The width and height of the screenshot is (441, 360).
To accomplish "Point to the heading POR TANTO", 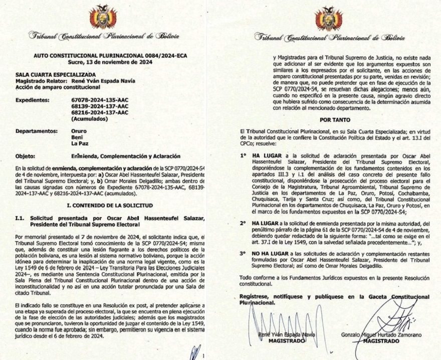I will (x=334, y=120).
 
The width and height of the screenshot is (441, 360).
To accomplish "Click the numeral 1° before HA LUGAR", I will (x=243, y=156).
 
